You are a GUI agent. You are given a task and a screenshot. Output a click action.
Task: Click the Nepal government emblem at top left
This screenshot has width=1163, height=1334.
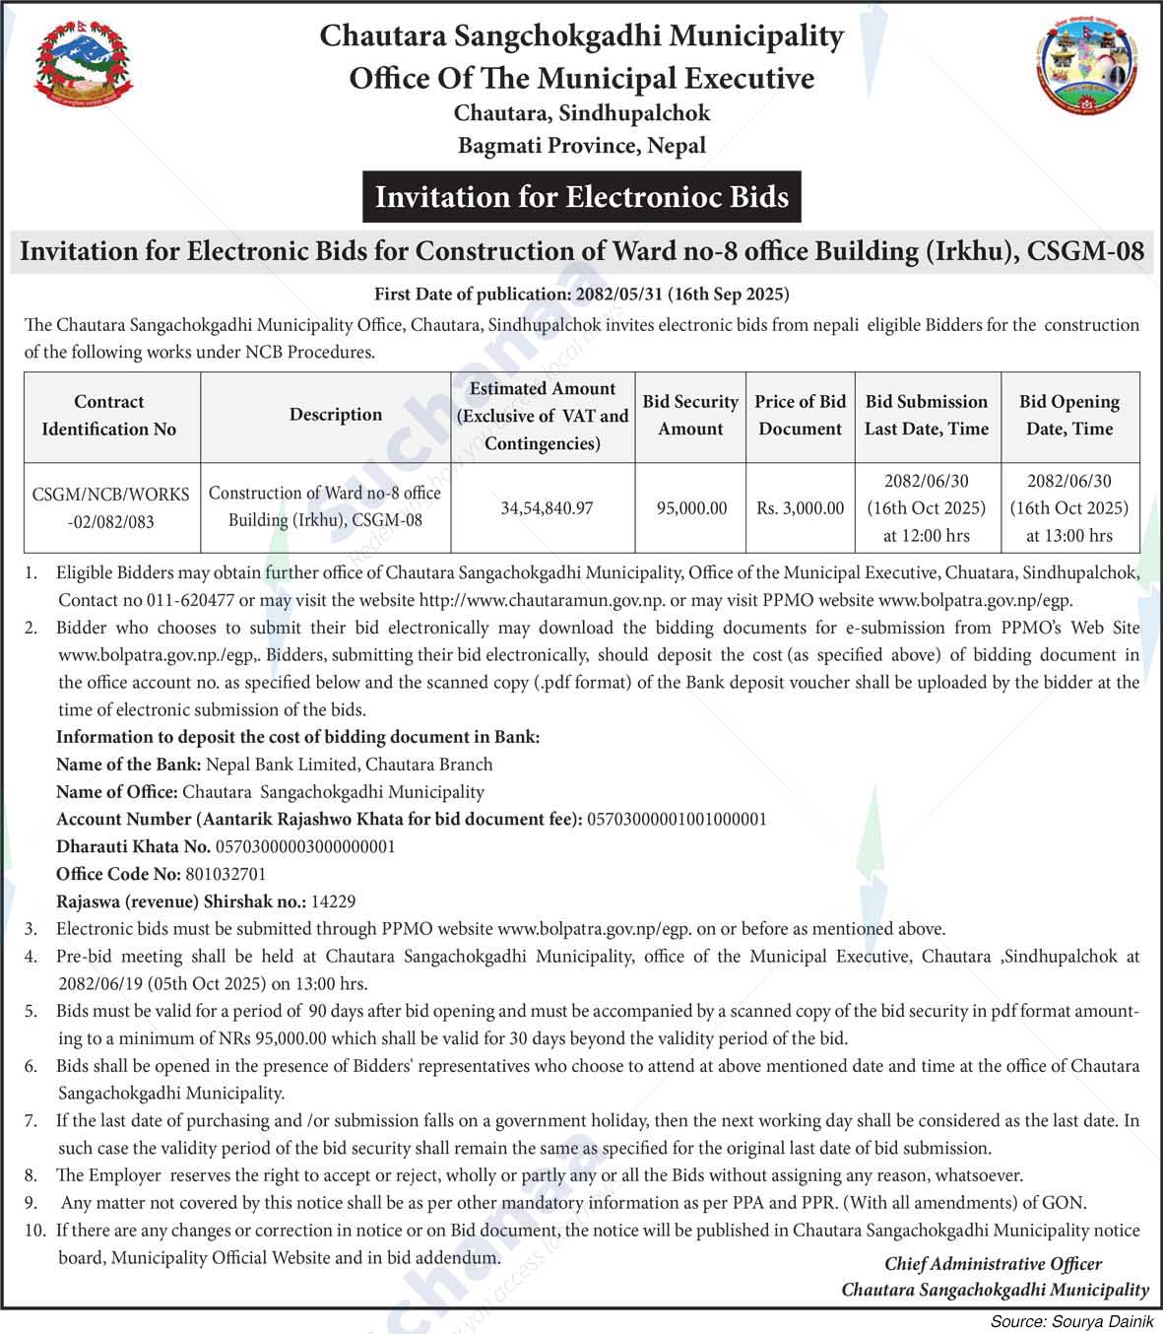pyautogui.click(x=84, y=64)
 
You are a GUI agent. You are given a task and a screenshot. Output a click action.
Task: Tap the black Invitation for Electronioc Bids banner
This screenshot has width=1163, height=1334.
pyautogui.click(x=581, y=197)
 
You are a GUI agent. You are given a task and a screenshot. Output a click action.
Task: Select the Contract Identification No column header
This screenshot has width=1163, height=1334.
pyautogui.click(x=109, y=416)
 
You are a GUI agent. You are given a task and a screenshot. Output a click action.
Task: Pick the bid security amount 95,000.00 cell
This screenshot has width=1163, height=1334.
pyautogui.click(x=691, y=508)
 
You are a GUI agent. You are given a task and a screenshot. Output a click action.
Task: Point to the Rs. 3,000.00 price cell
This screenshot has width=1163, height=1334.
pyautogui.click(x=800, y=508)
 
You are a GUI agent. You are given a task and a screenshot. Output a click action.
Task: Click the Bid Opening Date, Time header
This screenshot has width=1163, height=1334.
pyautogui.click(x=1069, y=416)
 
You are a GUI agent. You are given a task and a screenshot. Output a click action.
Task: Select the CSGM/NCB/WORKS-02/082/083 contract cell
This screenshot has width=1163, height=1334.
pyautogui.click(x=110, y=508)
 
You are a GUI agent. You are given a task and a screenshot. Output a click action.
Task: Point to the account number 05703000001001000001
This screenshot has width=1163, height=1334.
pyautogui.click(x=677, y=820)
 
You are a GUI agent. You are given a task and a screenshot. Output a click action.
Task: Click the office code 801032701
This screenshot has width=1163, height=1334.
pyautogui.click(x=226, y=875)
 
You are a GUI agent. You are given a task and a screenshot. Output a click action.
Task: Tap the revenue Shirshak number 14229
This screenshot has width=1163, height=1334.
pyautogui.click(x=333, y=901)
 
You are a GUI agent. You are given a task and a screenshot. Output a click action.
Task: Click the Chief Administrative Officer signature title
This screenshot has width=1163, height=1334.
pyautogui.click(x=993, y=1264)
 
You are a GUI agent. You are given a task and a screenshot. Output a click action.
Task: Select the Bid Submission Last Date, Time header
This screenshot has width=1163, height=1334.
pyautogui.click(x=926, y=416)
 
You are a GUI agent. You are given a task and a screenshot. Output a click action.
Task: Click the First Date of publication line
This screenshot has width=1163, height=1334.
pyautogui.click(x=581, y=295)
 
